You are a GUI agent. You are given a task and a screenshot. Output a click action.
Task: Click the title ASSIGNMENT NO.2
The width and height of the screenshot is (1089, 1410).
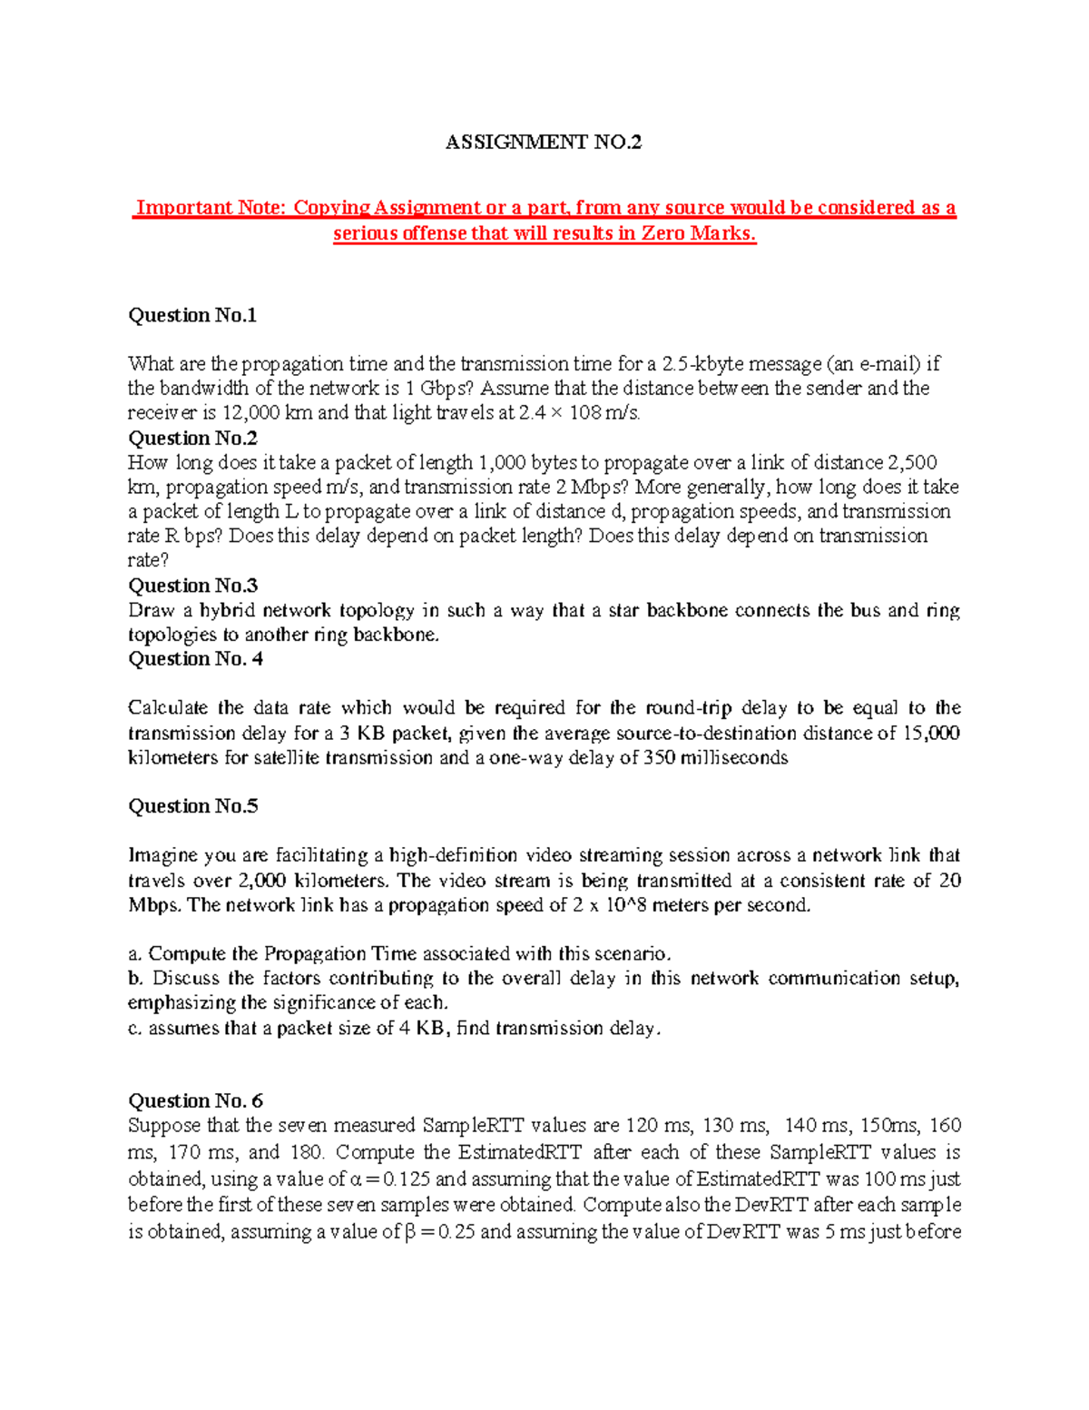(543, 142)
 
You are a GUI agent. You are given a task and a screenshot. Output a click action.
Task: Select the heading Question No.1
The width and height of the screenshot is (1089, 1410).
(192, 315)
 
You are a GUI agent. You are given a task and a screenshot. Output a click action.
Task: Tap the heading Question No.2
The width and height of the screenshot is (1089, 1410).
(192, 438)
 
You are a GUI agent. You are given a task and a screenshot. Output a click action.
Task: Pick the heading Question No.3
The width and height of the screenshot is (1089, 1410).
(192, 586)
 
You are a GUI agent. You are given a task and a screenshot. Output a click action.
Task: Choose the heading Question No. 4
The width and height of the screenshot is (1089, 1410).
(195, 659)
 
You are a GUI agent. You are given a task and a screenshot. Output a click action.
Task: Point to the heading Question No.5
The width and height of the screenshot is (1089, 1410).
(192, 806)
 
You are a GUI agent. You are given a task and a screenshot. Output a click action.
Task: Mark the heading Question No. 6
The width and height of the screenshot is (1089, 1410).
(195, 1100)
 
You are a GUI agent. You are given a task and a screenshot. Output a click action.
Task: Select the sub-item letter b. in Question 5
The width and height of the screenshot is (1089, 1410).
(135, 979)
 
